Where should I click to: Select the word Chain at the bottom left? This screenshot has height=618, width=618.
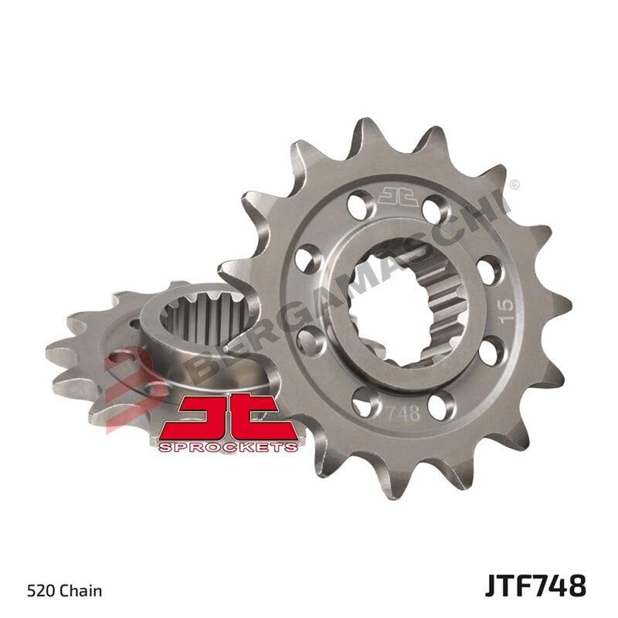coord(83,592)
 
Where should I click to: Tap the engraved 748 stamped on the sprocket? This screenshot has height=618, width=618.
coord(403,413)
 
